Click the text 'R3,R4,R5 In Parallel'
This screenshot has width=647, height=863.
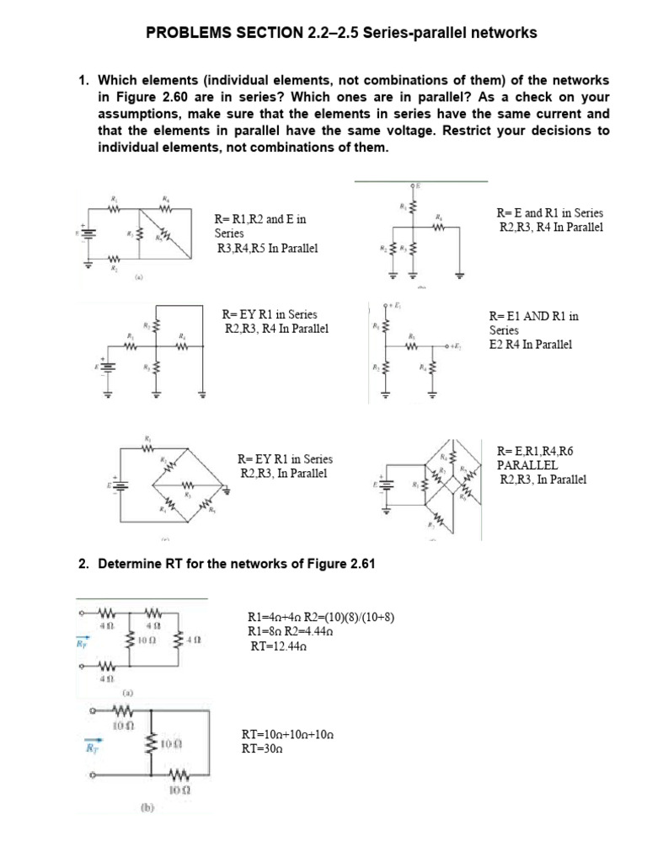266,249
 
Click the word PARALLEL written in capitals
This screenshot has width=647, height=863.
527,465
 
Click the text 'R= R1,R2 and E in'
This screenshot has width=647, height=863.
260,219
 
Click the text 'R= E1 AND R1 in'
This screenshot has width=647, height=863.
534,316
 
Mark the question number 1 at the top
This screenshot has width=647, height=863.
83,80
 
